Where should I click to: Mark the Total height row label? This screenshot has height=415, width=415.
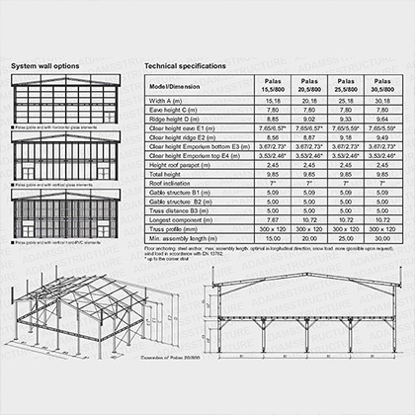click(168, 173)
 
